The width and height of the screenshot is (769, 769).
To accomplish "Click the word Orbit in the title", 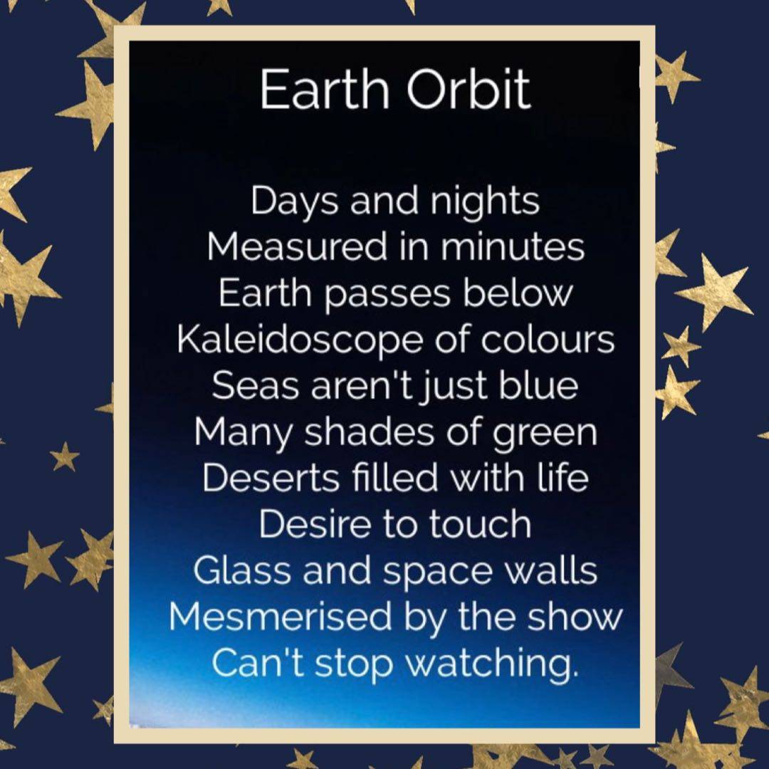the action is tap(469, 89).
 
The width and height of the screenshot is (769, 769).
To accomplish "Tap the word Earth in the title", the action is tap(324, 89).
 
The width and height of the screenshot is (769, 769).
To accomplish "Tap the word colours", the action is tap(547, 339).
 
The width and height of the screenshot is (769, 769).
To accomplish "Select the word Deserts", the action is tap(271, 478).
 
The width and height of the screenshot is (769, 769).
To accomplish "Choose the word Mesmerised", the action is tap(280, 617).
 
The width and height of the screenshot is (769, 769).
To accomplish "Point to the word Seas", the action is tap(256, 385).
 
